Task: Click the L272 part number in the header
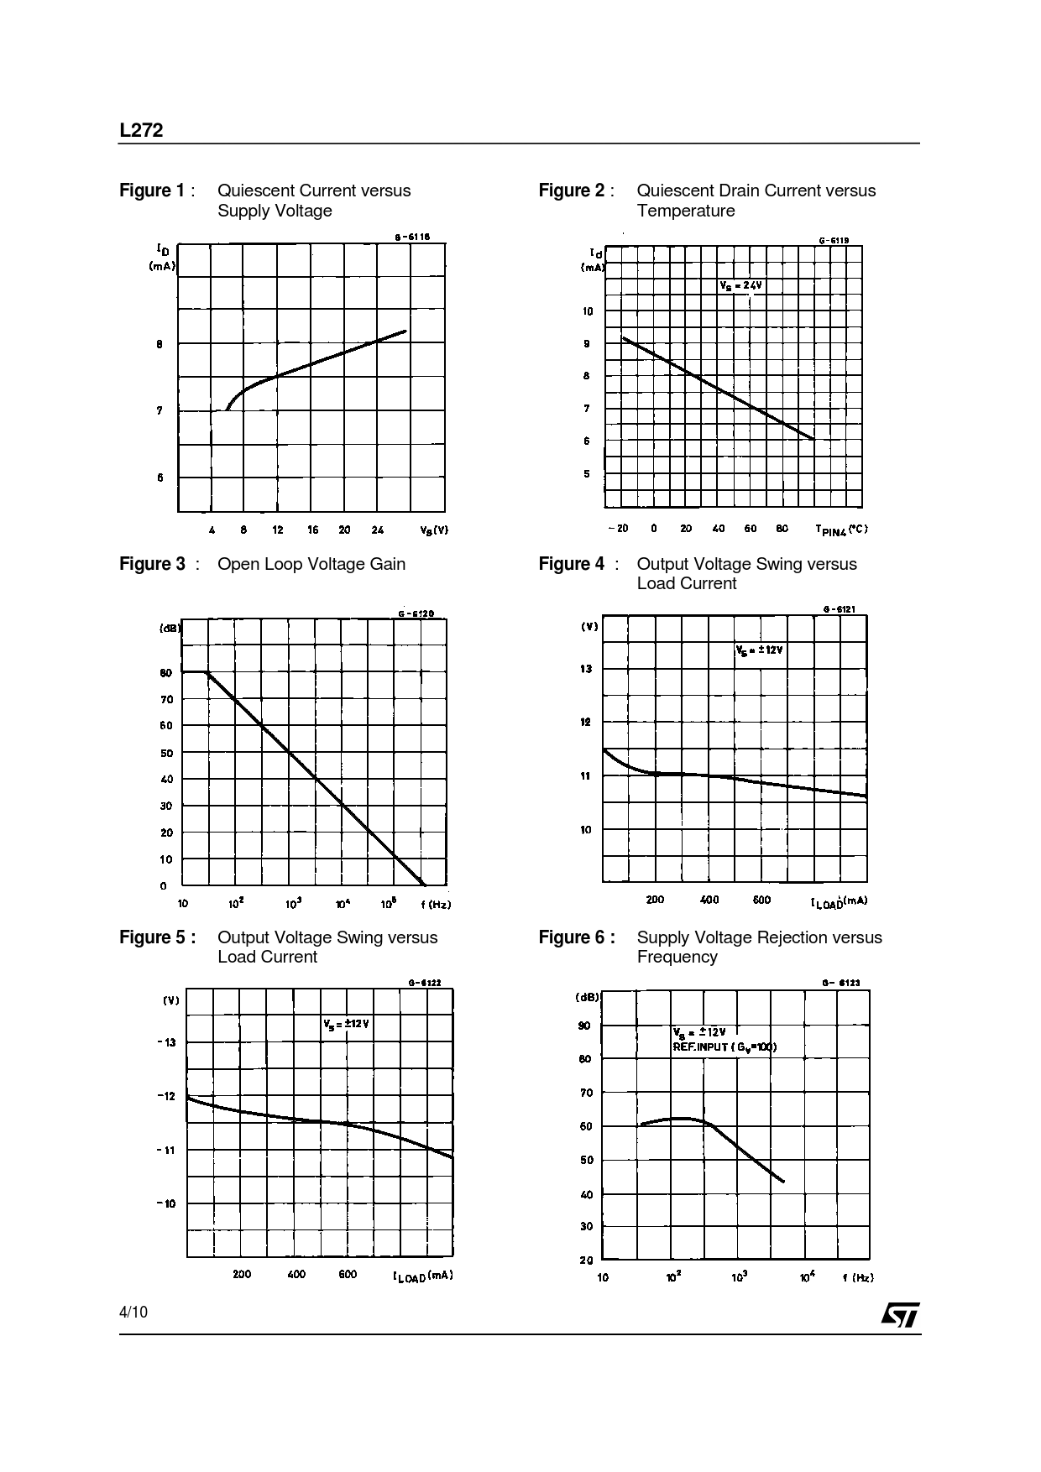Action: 141,131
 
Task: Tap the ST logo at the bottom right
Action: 900,1315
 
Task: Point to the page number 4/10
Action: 133,1312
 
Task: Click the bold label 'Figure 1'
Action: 152,191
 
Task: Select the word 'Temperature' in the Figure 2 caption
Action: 685,211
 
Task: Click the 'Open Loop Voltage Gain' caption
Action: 311,564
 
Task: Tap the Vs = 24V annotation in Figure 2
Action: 740,285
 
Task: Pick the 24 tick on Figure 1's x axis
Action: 377,530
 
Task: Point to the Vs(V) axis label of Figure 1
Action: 434,530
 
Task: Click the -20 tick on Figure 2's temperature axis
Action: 617,529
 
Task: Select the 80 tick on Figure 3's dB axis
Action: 166,673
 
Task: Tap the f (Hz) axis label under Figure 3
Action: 436,904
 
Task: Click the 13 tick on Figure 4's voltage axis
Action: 585,669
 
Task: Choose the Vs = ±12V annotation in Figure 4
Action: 759,649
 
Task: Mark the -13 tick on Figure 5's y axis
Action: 167,1042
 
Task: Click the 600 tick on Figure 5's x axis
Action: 348,1274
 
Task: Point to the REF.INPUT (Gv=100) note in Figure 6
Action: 725,1047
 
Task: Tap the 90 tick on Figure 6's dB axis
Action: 584,1026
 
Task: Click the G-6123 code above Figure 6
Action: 840,983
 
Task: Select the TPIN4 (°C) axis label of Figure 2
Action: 841,529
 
